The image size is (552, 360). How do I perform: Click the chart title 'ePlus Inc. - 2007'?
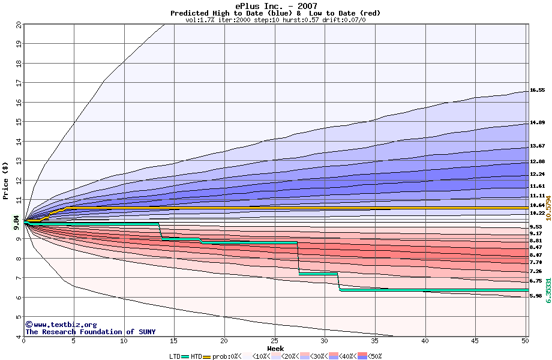click(x=275, y=5)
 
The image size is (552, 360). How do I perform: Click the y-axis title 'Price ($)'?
click(x=5, y=181)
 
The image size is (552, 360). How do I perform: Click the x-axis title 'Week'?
click(x=275, y=348)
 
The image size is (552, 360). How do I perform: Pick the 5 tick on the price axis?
click(x=19, y=317)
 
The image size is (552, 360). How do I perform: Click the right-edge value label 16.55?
click(x=537, y=90)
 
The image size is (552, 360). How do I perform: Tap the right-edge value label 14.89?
click(x=537, y=122)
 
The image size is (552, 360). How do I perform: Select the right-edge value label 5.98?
click(x=537, y=296)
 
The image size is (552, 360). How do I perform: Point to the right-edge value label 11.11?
click(x=537, y=196)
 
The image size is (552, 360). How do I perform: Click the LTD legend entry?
click(x=175, y=356)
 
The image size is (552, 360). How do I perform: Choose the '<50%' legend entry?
click(x=370, y=356)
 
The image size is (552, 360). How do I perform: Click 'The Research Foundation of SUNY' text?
click(x=90, y=332)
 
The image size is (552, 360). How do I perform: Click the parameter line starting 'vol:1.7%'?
click(x=275, y=20)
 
